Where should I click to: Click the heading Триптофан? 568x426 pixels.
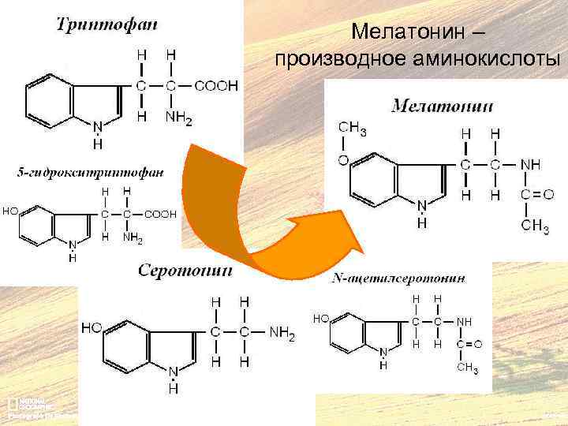[x=106, y=24]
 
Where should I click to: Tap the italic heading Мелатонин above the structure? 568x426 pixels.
[x=443, y=106]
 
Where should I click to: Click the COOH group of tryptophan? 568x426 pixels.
[x=215, y=86]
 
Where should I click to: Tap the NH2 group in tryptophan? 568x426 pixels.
[x=178, y=119]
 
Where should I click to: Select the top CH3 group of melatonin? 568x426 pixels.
[x=353, y=129]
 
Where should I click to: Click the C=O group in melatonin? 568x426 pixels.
[x=537, y=194]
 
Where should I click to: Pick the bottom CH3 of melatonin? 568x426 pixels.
[x=536, y=227]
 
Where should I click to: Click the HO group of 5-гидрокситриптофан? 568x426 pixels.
[x=11, y=211]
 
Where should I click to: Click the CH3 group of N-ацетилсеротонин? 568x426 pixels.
[x=469, y=368]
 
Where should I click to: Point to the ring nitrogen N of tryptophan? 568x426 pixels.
[x=98, y=127]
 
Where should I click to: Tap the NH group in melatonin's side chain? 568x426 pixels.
[x=531, y=165]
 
